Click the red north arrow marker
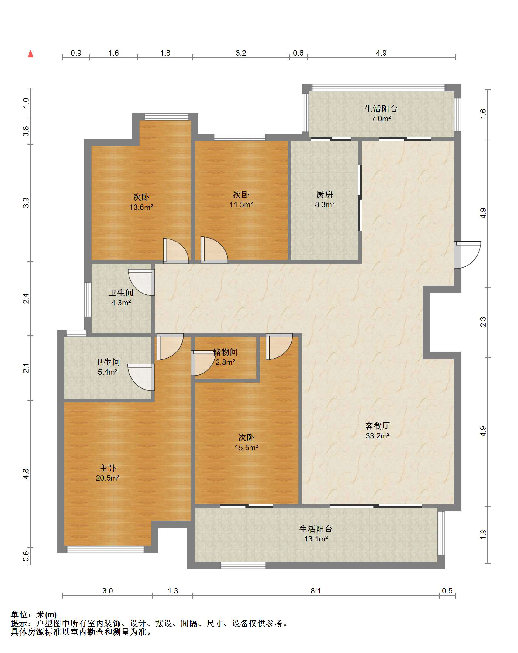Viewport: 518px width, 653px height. tap(30, 54)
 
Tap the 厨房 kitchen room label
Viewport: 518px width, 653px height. tap(325, 194)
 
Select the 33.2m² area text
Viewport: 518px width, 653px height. tap(378, 436)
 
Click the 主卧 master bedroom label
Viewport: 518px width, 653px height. tap(108, 468)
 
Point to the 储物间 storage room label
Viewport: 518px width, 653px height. tap(225, 352)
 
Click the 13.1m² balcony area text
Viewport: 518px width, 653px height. tap(316, 539)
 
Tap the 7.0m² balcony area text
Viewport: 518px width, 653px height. tap(381, 119)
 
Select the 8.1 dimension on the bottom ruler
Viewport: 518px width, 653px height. tap(316, 591)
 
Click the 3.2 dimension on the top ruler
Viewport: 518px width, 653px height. tap(241, 53)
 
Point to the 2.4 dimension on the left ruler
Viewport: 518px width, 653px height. tap(26, 298)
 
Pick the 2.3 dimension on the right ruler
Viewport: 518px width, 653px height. tap(483, 322)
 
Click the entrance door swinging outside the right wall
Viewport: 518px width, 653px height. tap(467, 255)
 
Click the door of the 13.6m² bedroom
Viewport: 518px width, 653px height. tap(176, 250)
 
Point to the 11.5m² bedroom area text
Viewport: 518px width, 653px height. tap(241, 204)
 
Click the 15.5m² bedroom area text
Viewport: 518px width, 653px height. tap(247, 448)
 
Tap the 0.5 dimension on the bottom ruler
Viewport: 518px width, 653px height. tap(447, 591)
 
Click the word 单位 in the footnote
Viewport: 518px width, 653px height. tap(19, 615)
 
